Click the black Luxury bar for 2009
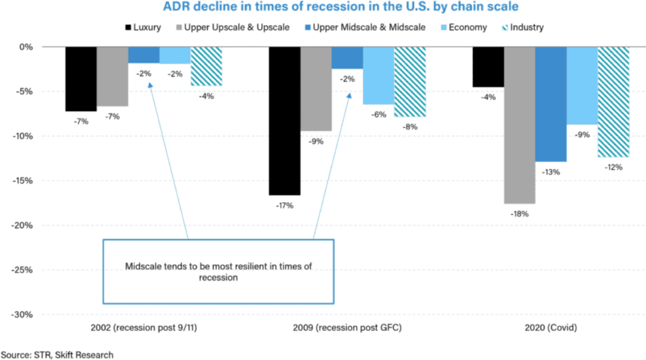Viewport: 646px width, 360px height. (x=285, y=120)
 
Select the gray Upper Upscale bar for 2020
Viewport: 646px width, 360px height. (x=519, y=125)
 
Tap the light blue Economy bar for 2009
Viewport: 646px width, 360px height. (x=378, y=76)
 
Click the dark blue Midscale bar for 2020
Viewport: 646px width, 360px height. (x=551, y=104)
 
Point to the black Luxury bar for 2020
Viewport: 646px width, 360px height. (x=488, y=67)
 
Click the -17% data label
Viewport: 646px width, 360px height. (x=285, y=205)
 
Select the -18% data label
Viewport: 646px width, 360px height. (x=519, y=214)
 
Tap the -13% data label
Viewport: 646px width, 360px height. (x=551, y=171)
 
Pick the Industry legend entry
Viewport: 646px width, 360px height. (x=524, y=27)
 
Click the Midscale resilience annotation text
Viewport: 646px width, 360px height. (x=218, y=272)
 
